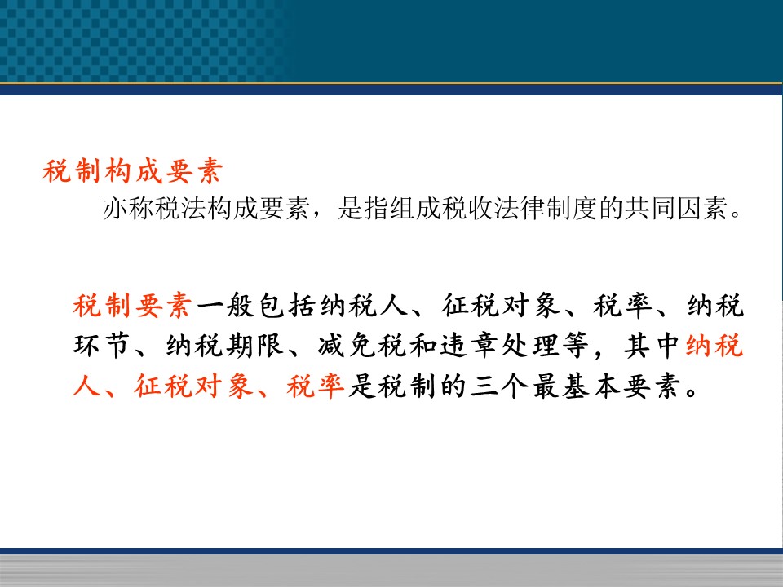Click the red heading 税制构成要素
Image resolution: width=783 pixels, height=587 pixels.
132,171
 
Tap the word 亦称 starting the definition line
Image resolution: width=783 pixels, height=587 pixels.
128,208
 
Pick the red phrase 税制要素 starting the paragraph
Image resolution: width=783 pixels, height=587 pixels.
132,306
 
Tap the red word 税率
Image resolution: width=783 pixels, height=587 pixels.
316,386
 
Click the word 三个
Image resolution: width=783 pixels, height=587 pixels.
498,386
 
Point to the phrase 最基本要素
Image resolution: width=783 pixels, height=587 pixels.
607,386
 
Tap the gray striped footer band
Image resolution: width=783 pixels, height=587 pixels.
391,571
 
